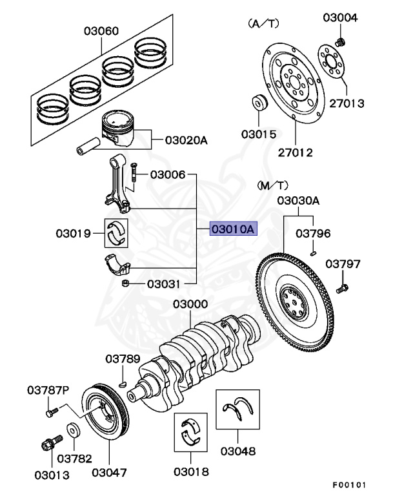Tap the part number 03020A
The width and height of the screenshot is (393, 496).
186,139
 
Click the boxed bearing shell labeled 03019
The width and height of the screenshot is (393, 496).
117,232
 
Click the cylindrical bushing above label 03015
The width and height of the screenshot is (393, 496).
260,103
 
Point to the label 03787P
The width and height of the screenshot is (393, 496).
47,390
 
